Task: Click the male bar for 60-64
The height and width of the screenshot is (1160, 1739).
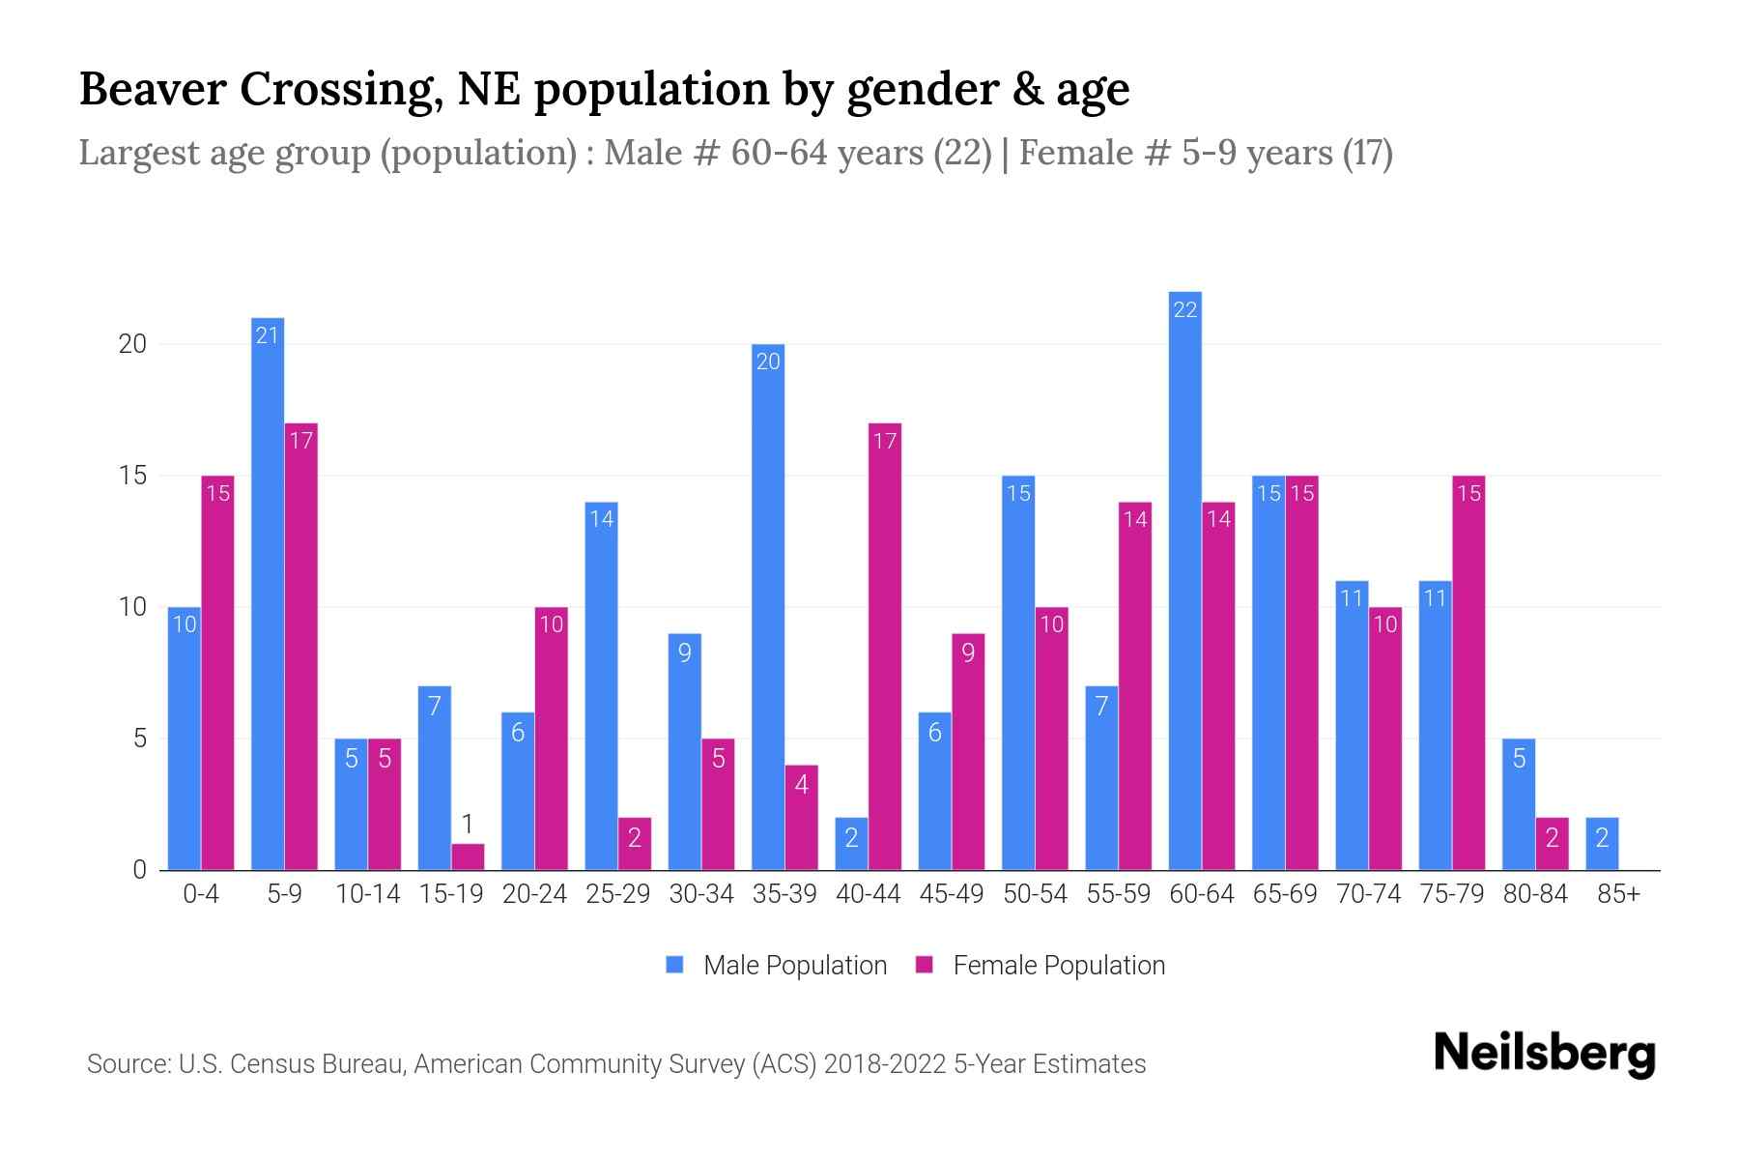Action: coord(1184,580)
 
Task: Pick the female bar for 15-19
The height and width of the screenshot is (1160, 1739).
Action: coord(468,857)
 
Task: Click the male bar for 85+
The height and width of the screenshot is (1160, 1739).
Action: coord(1602,844)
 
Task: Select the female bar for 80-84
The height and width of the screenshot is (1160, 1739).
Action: coord(1552,844)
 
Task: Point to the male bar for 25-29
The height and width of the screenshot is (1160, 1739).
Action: coord(601,686)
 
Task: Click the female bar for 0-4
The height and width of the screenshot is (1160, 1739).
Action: coord(217,673)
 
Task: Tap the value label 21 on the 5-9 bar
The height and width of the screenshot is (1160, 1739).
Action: coord(268,335)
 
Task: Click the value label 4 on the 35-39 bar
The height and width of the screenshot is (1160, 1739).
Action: coord(801,784)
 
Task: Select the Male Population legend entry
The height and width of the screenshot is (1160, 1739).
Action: coord(777,965)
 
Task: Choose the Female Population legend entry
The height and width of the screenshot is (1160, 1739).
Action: coord(1041,965)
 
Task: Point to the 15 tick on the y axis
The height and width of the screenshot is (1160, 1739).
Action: coord(132,476)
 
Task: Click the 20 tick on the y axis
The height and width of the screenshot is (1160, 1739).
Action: coord(132,344)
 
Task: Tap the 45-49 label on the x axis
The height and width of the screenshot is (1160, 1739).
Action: coord(951,894)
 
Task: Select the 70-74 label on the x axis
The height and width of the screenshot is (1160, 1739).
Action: coord(1368,894)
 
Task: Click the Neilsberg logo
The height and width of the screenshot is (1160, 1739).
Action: coord(1544,1054)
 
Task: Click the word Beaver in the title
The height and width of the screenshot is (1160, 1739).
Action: coord(152,89)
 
